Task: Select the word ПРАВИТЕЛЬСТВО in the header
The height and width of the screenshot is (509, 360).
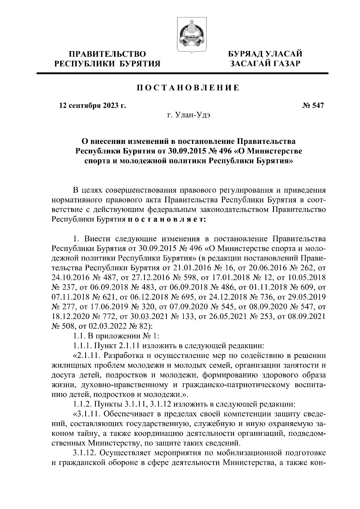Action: pos(108,54)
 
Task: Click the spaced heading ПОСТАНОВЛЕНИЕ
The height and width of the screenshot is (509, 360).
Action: pos(188,88)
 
